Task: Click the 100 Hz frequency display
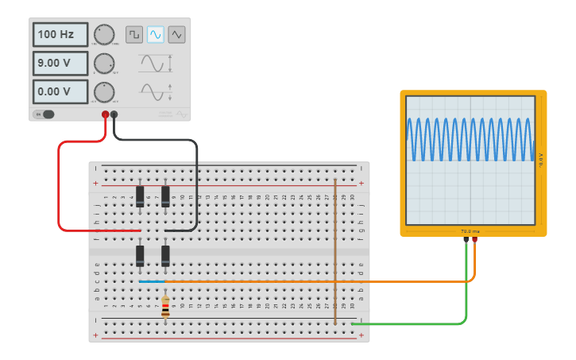60,35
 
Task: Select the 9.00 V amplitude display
60,63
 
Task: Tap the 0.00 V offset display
60,91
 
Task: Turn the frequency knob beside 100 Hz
104,34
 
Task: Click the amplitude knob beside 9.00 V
104,63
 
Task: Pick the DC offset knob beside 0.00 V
104,91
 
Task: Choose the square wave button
134,34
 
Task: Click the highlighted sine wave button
156,34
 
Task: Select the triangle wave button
176,34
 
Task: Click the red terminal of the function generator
105,115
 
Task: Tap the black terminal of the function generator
114,115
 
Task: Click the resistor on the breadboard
165,307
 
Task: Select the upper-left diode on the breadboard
140,196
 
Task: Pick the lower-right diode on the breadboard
165,256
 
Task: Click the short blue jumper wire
152,281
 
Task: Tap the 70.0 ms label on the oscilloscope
470,231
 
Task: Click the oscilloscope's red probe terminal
474,238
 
